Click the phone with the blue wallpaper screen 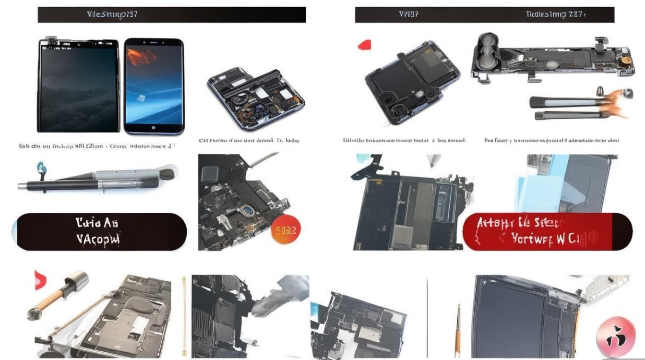click(154, 86)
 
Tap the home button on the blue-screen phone click(154, 128)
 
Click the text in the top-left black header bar click(112, 14)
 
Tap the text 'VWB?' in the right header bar click(408, 14)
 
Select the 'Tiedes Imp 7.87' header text click(555, 14)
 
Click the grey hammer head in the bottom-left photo click(77, 280)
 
